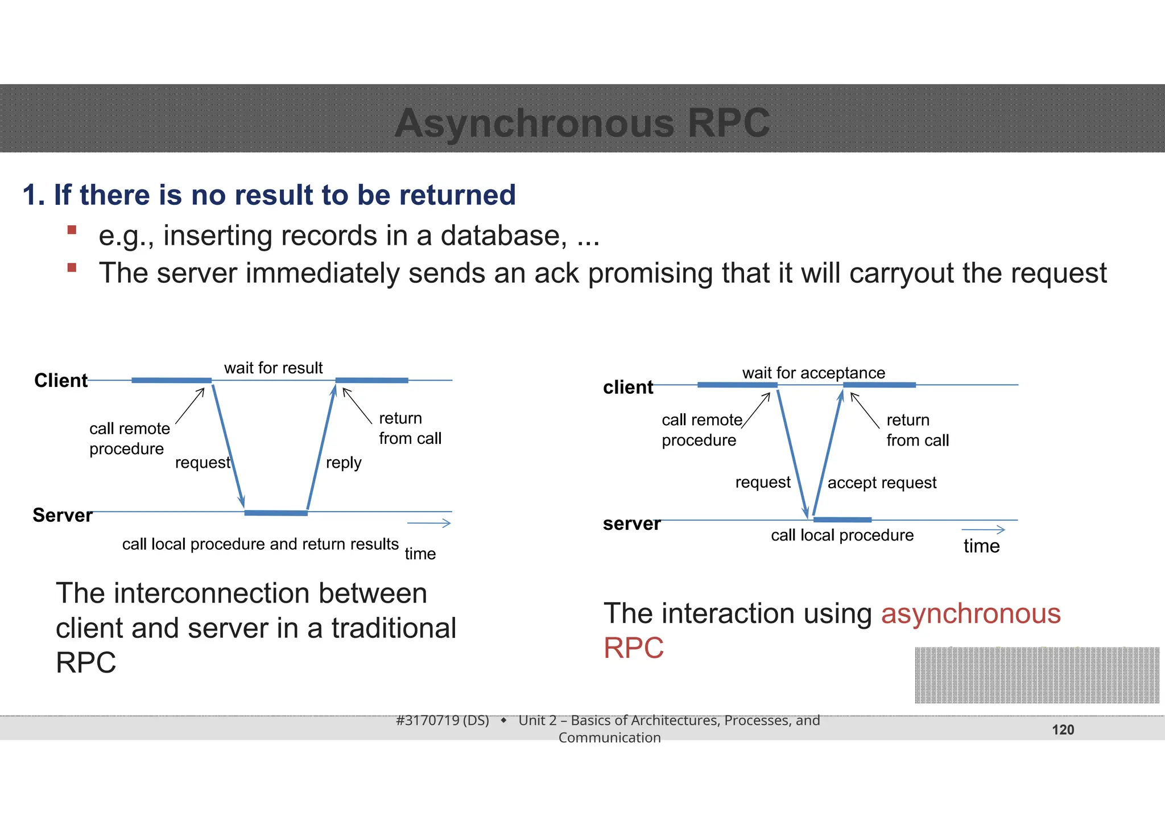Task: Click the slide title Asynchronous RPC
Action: (x=582, y=123)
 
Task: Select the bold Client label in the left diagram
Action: (x=61, y=380)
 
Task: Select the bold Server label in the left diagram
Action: (x=63, y=515)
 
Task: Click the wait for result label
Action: (x=273, y=368)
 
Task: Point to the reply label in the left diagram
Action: (x=344, y=463)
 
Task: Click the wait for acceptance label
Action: (x=813, y=373)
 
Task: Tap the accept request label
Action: (x=882, y=483)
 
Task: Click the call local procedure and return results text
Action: (x=260, y=544)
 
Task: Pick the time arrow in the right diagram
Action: (x=983, y=530)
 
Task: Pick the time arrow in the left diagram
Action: (x=429, y=523)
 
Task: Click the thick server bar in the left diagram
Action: (x=276, y=513)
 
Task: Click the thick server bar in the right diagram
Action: (x=842, y=520)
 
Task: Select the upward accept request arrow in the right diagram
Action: (x=828, y=452)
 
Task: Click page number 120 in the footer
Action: (x=1063, y=730)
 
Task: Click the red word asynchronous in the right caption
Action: (x=970, y=613)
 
